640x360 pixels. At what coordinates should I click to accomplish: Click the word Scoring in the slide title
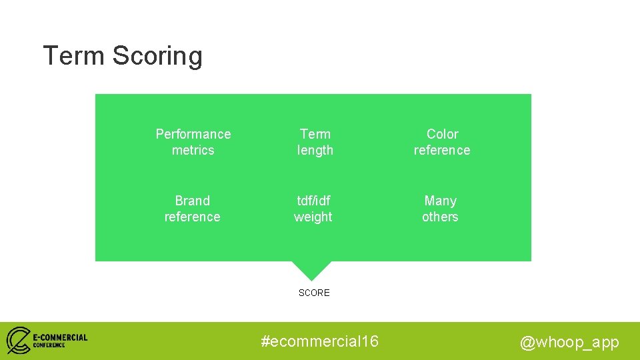[157, 56]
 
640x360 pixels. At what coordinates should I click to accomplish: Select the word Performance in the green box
[193, 134]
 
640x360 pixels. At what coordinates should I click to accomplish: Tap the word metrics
[193, 150]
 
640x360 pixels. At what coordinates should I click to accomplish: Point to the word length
[315, 151]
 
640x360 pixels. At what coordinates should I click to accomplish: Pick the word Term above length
[315, 134]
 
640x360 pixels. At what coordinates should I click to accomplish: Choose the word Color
[442, 134]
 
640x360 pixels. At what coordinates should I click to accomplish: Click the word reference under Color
[442, 150]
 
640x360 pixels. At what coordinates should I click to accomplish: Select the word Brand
[192, 201]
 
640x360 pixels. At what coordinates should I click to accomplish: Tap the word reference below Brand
[192, 217]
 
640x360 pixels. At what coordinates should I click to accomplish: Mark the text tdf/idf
[313, 201]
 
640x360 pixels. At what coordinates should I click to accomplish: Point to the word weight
[313, 217]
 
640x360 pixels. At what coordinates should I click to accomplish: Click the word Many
[441, 201]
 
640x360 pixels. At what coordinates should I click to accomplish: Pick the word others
[440, 217]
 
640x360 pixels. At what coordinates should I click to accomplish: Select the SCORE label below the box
[314, 293]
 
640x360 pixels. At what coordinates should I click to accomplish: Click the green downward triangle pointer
[311, 269]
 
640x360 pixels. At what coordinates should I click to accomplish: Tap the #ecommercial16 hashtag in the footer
[319, 341]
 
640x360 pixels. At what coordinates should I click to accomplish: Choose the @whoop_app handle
[569, 343]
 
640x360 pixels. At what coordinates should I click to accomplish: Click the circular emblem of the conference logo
[18, 340]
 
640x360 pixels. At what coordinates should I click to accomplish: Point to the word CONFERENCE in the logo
[49, 345]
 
